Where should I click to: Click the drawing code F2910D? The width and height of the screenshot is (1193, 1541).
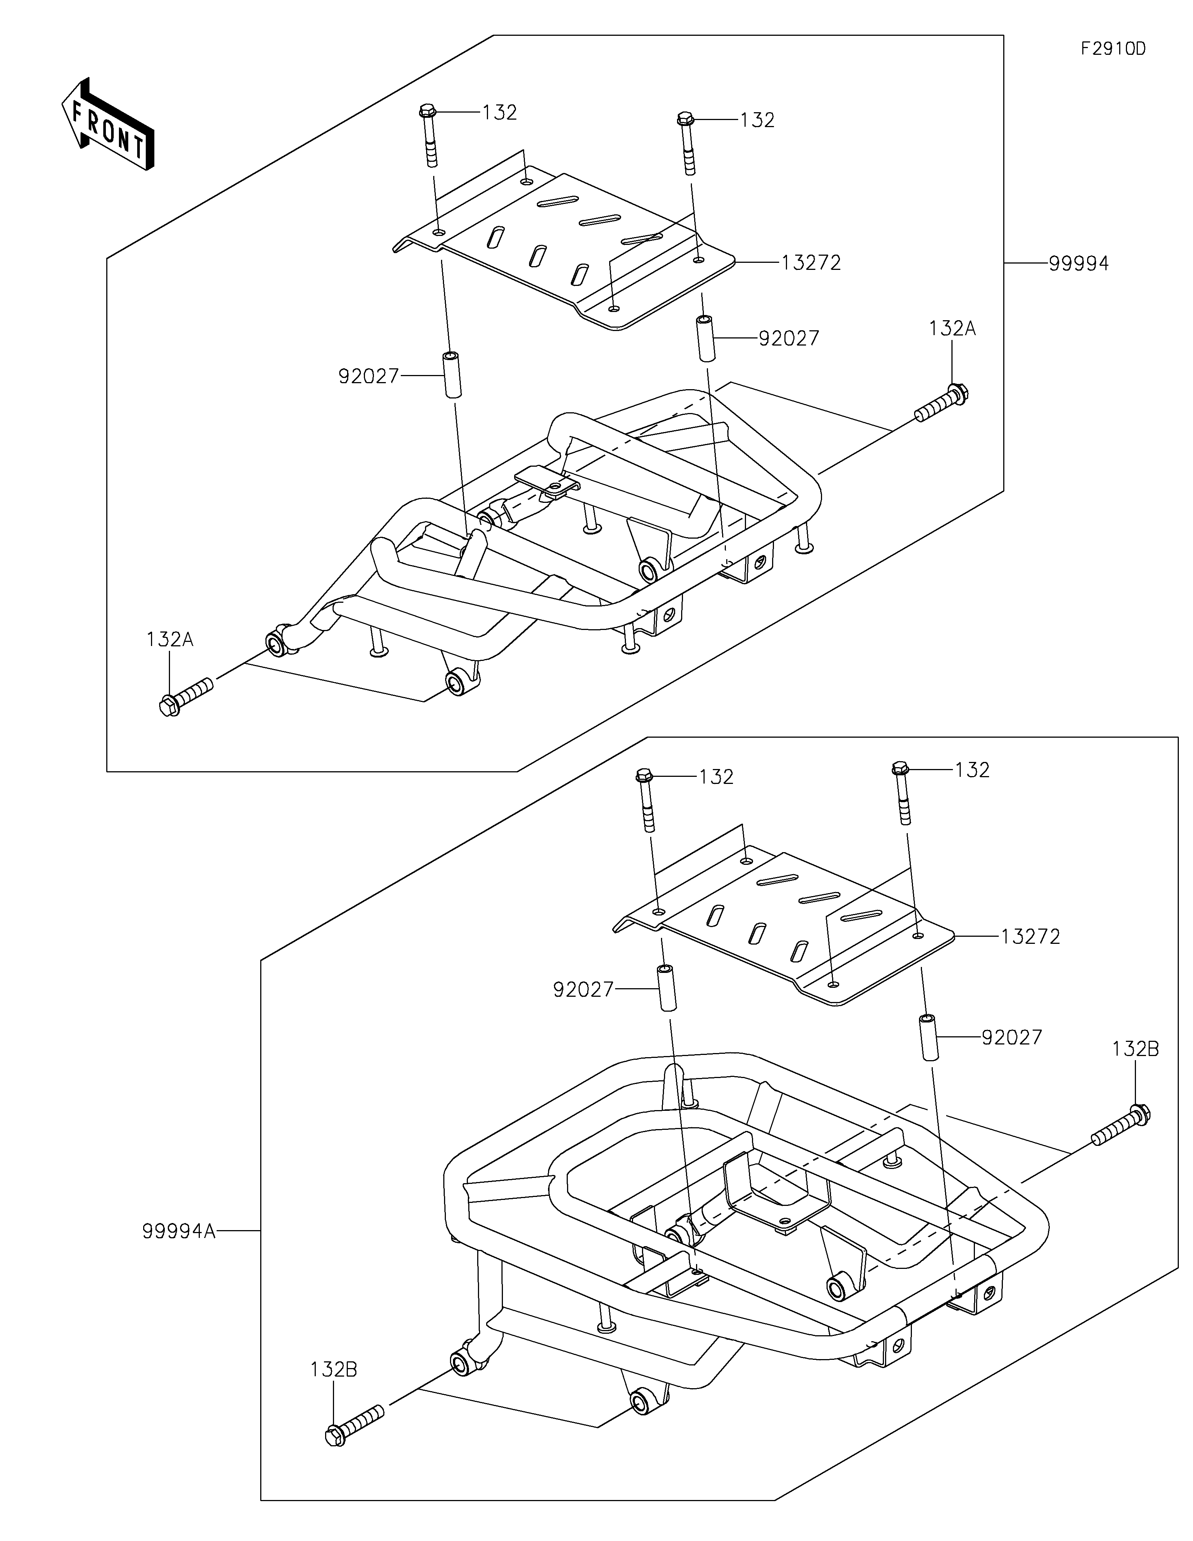tap(1113, 49)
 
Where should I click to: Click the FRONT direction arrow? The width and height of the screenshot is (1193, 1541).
tap(108, 123)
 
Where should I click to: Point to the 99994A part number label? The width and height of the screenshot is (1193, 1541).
tap(179, 1231)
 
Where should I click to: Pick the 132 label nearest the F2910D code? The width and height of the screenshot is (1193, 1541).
tap(758, 120)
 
